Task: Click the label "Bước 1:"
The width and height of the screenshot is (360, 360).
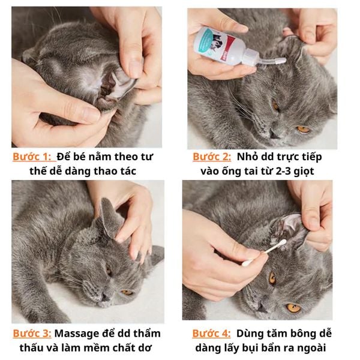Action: coord(32,157)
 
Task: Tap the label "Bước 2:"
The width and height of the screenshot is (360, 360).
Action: coord(212,157)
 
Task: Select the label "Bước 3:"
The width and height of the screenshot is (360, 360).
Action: coord(32,334)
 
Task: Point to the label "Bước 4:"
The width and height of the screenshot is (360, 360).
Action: coord(211,334)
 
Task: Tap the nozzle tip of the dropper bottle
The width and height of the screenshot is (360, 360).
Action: coord(283,61)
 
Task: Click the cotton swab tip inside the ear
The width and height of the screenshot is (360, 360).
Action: coord(283,244)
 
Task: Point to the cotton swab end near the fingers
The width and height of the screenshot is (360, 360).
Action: coord(247,263)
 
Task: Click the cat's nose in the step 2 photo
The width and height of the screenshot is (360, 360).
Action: coord(274,134)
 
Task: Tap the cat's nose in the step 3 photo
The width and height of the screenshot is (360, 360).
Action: coord(105,298)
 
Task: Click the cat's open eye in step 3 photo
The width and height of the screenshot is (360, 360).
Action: coord(127,292)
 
